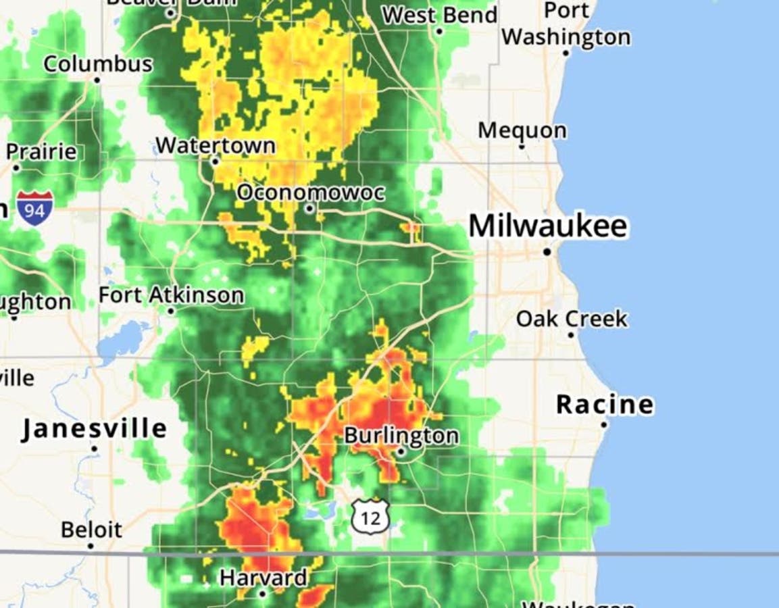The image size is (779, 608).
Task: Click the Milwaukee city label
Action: pos(548,226)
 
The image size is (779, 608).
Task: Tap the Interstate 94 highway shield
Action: pos(34,208)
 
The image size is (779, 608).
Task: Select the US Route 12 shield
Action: pos(370,517)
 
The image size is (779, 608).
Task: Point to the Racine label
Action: pos(605,405)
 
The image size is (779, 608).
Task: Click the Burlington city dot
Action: pos(401,453)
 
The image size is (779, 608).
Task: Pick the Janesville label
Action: pos(94,429)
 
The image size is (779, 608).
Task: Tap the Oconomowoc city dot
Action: pos(309,209)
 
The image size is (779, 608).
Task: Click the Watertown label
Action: pos(216,145)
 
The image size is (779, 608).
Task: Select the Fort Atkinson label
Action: pos(171,295)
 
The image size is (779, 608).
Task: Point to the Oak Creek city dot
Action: pos(571,335)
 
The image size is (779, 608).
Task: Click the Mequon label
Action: pos(522,130)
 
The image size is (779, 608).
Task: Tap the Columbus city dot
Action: pos(97,80)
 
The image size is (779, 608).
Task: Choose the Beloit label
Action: pos(92,530)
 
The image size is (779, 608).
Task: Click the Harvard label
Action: pos(263,578)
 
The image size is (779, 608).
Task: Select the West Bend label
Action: pos(439,15)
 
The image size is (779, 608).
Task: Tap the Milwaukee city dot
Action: pos(547,252)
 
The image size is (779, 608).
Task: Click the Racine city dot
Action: pos(605,425)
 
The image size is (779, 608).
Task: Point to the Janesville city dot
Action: pos(94,449)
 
